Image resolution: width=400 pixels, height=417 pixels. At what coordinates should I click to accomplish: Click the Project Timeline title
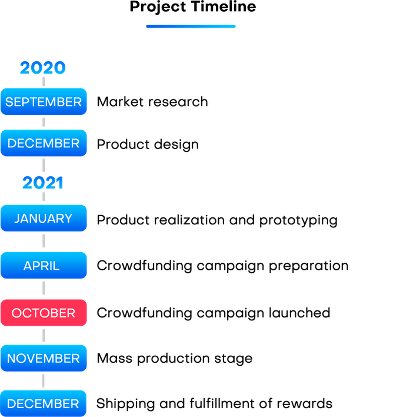pos(193,7)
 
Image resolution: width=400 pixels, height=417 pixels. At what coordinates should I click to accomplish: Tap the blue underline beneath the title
pos(191,26)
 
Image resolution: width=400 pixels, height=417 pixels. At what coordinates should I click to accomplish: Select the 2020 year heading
pos(43,68)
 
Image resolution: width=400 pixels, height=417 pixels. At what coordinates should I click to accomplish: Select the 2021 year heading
pos(43,183)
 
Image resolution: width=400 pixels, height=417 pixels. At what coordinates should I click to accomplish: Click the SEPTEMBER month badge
pos(44,101)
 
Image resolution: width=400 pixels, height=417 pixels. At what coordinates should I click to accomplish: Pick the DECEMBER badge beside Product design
pos(44,143)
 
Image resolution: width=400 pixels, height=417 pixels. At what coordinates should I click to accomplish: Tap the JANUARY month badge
pos(44,218)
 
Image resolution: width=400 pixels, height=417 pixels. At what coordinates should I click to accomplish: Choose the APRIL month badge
pos(44,266)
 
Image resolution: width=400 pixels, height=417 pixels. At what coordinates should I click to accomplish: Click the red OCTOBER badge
pos(44,313)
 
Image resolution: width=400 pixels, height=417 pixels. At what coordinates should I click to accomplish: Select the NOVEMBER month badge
pos(44,358)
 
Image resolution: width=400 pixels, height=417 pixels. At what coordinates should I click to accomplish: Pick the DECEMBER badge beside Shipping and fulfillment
pos(44,403)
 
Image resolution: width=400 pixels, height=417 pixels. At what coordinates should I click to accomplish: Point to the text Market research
pos(152,101)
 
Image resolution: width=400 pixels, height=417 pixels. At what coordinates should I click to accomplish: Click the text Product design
pos(148,144)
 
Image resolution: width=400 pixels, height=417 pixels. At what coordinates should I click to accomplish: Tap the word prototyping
pos(298,220)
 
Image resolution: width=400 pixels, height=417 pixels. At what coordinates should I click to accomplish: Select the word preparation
pos(309,266)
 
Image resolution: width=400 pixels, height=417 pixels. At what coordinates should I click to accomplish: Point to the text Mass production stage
pos(175,359)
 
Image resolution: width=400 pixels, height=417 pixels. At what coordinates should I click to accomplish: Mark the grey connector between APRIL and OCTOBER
pos(44,288)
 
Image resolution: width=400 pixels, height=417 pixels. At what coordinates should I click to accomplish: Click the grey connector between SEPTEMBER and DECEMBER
pos(44,122)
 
